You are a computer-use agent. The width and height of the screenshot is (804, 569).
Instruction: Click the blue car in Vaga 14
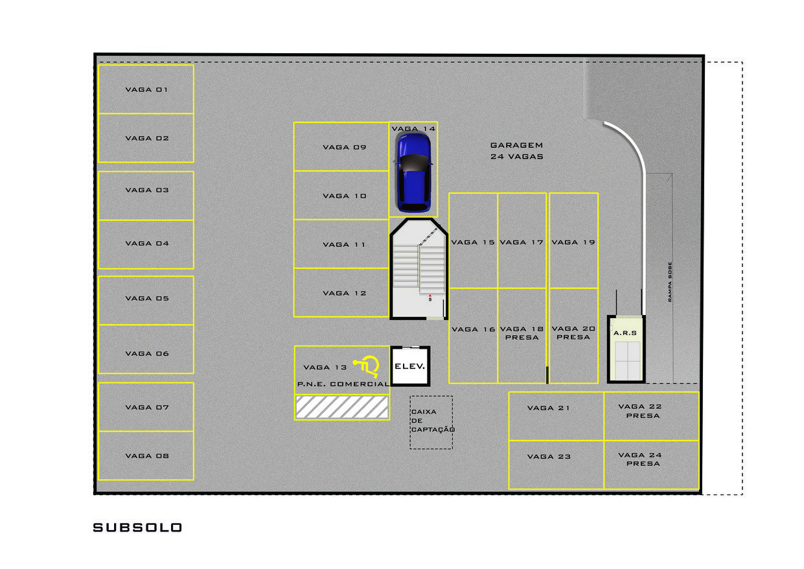pyautogui.click(x=414, y=172)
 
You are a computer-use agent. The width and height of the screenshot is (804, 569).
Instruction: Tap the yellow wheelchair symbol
pyautogui.click(x=367, y=366)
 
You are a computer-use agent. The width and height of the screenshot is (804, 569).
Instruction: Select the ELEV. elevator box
pyautogui.click(x=410, y=366)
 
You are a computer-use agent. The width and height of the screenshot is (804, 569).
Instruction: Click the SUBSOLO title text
pyautogui.click(x=137, y=528)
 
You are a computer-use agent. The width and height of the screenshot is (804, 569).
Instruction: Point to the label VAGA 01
pyautogui.click(x=146, y=89)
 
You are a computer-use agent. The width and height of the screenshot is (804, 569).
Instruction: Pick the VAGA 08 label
pyautogui.click(x=147, y=456)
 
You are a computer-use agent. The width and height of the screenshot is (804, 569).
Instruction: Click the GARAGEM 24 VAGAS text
pyautogui.click(x=517, y=151)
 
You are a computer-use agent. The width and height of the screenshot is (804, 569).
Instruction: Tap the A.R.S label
pyautogui.click(x=625, y=333)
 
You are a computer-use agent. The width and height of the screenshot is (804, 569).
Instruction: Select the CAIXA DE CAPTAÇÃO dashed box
pyautogui.click(x=431, y=423)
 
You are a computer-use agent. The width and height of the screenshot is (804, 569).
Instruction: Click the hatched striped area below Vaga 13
pyautogui.click(x=341, y=407)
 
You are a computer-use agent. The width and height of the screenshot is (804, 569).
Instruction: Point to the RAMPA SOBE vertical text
pyautogui.click(x=670, y=282)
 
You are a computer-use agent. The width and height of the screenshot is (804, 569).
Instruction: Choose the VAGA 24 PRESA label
pyautogui.click(x=640, y=459)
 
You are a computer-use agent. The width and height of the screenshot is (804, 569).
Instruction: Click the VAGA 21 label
pyautogui.click(x=549, y=408)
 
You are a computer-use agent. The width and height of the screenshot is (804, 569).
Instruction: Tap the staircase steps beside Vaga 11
pyautogui.click(x=419, y=268)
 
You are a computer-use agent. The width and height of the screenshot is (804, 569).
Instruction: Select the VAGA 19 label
pyautogui.click(x=573, y=242)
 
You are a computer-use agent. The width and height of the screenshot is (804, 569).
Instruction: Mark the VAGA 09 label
pyautogui.click(x=345, y=147)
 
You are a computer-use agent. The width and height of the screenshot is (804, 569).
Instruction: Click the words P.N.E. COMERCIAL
pyautogui.click(x=343, y=384)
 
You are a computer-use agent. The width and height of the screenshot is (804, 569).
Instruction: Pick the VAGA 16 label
pyautogui.click(x=474, y=330)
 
